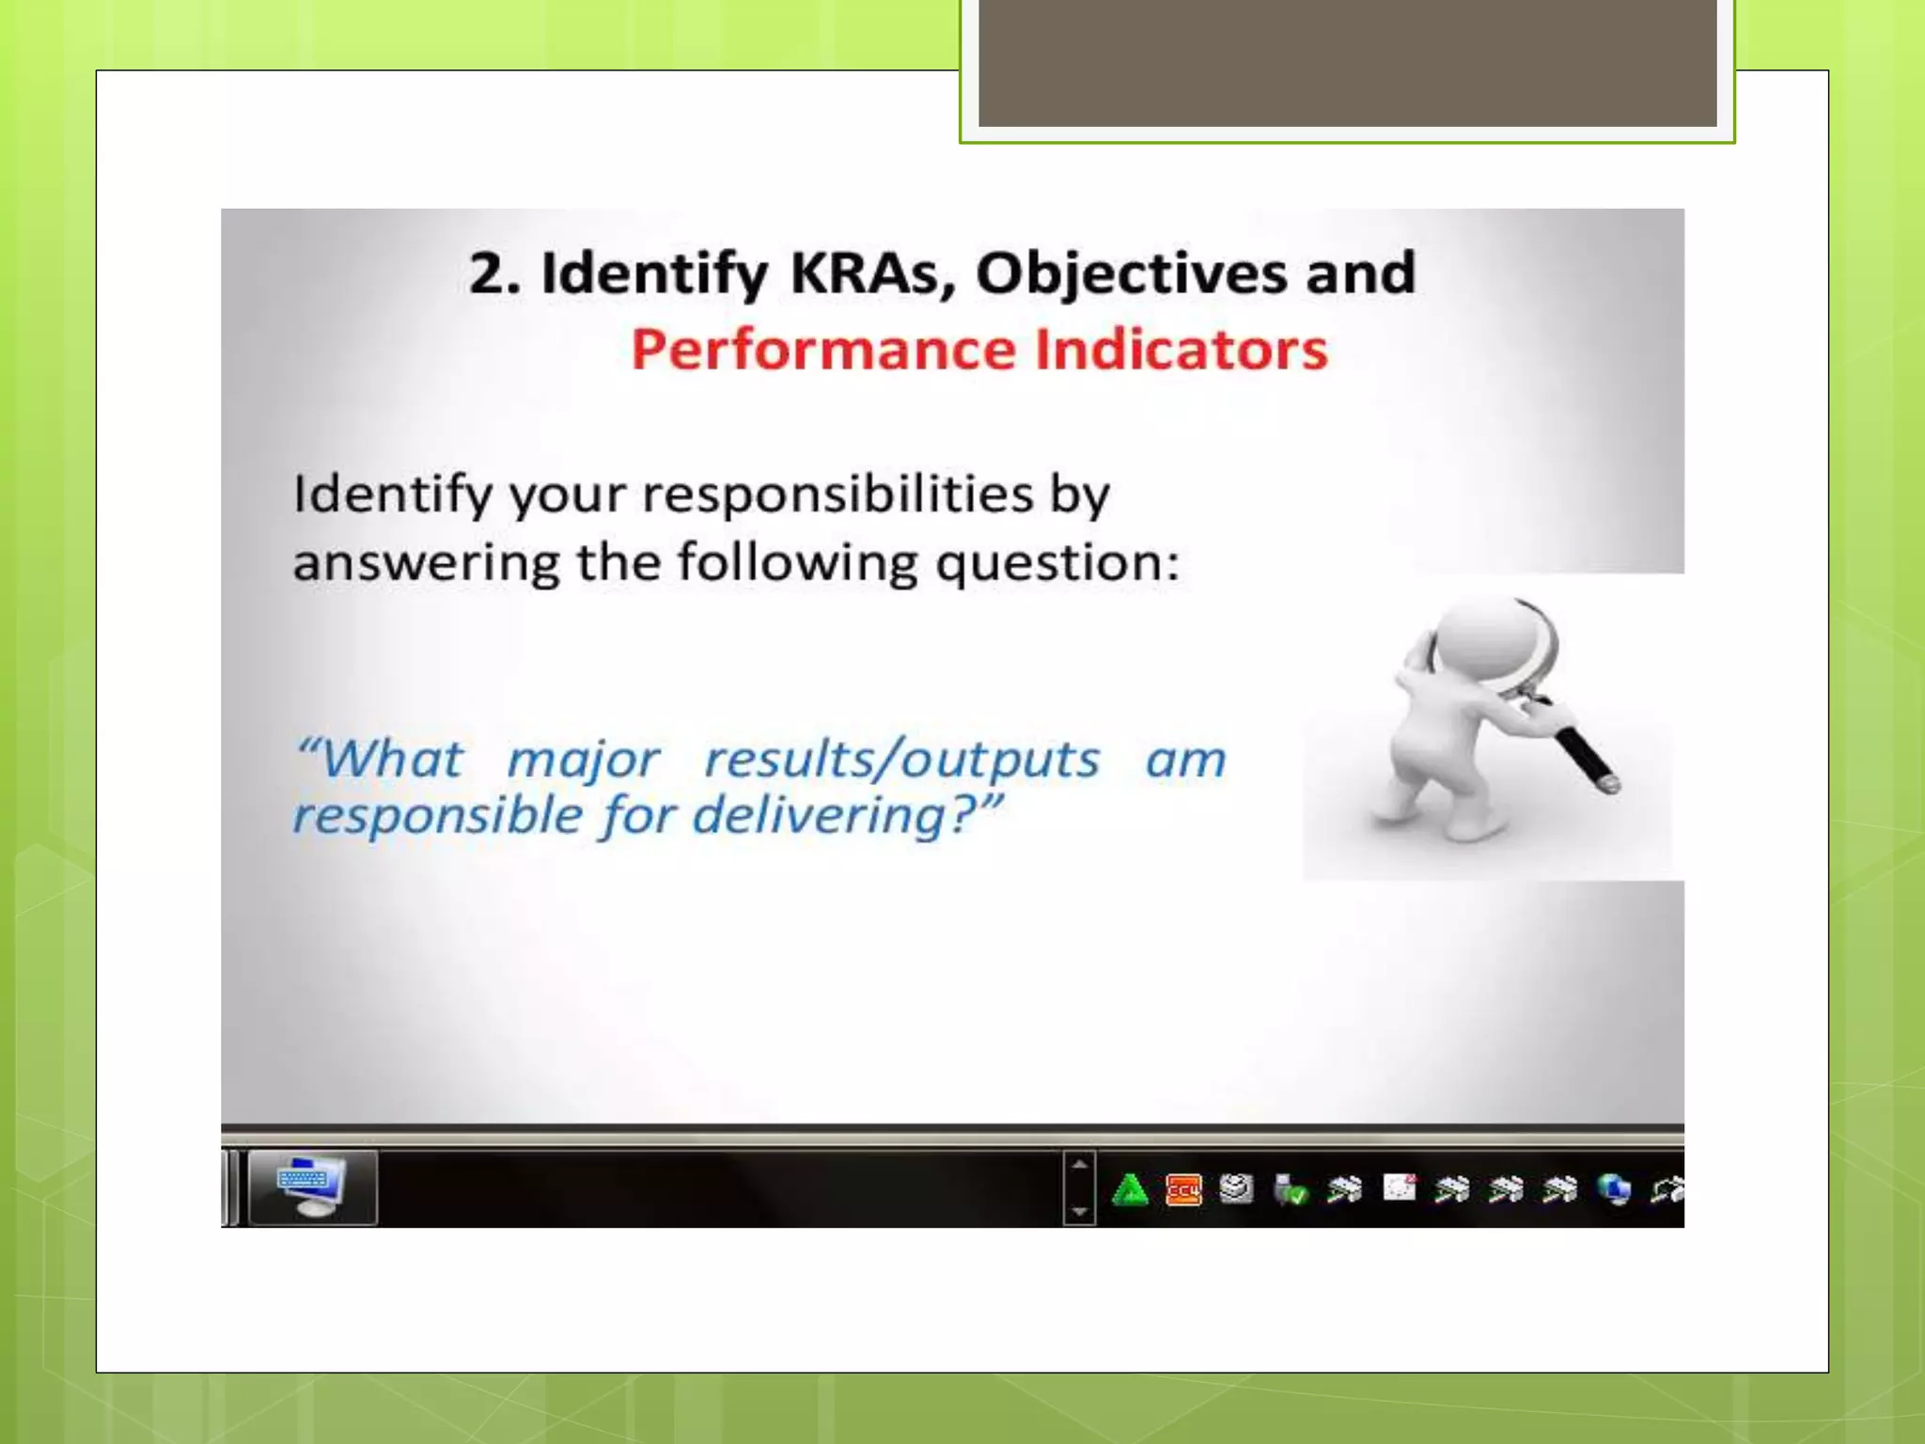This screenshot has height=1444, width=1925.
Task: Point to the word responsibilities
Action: pyautogui.click(x=837, y=494)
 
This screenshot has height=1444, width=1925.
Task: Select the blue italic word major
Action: pyautogui.click(x=584, y=760)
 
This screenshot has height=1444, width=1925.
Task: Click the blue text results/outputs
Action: pyautogui.click(x=901, y=760)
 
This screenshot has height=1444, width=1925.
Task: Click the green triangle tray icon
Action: pyautogui.click(x=1129, y=1190)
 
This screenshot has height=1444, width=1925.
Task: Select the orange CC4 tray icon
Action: pyautogui.click(x=1182, y=1190)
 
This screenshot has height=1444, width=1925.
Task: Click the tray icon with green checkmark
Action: pyautogui.click(x=1291, y=1190)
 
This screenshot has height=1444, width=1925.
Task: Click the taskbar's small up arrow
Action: pyautogui.click(x=1079, y=1165)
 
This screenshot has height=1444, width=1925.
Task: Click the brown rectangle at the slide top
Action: pyautogui.click(x=1347, y=62)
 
